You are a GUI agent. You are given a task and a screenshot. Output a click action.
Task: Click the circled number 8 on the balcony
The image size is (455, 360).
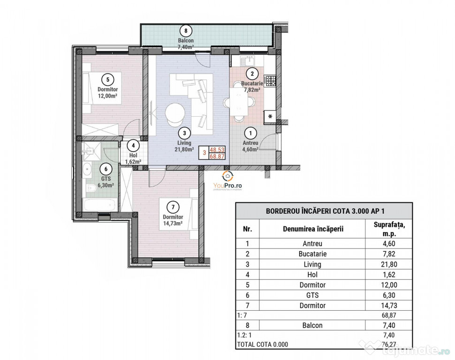[186, 30]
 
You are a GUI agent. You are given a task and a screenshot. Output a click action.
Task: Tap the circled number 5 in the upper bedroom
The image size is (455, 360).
[108, 80]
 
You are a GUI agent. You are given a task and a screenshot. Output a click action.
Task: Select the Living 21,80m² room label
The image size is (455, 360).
[184, 146]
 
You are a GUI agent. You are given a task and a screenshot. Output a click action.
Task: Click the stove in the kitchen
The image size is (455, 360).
[271, 81]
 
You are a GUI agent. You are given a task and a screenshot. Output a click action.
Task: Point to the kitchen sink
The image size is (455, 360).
[248, 61]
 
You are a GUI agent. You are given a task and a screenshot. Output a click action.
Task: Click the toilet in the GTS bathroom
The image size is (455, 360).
[91, 189]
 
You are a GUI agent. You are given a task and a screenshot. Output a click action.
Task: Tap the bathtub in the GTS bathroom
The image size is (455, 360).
[100, 205]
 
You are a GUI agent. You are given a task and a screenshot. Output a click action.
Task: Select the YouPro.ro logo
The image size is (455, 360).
[227, 180]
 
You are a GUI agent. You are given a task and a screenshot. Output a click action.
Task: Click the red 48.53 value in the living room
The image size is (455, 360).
[217, 150]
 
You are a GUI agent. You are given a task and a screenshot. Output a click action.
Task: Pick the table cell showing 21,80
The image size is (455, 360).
[389, 264]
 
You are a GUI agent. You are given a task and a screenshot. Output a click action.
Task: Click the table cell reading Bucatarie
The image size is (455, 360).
[312, 254]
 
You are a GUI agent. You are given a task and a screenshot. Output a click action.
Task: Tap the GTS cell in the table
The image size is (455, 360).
[312, 295]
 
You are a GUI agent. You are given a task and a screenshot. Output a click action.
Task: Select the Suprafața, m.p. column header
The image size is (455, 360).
[389, 229]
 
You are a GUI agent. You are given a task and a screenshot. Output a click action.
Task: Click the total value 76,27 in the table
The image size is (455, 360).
[389, 345]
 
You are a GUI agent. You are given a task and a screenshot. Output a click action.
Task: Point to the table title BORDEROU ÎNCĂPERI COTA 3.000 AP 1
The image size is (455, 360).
[325, 211]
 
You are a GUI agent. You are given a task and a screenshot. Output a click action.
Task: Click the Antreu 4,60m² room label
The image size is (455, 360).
[250, 146]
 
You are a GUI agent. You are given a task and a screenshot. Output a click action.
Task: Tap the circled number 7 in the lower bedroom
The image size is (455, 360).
[173, 207]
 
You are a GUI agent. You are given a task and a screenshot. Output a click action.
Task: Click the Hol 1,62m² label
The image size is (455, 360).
[133, 158]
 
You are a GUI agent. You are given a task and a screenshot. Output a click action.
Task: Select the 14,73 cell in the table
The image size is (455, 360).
[389, 306]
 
